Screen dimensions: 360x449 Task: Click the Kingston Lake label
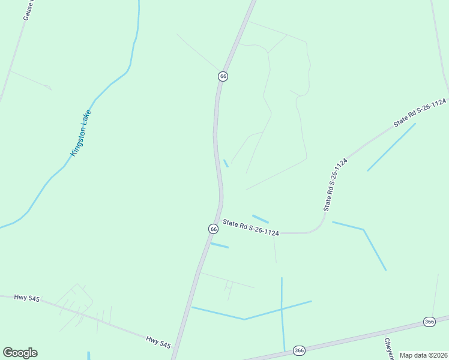pyautogui.click(x=81, y=133)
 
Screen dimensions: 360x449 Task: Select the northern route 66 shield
pyautogui.click(x=223, y=76)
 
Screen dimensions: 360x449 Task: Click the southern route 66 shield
pyautogui.click(x=213, y=229)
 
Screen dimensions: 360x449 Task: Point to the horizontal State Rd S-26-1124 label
pyautogui.click(x=250, y=227)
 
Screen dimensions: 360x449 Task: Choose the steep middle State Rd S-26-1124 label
pyautogui.click(x=336, y=185)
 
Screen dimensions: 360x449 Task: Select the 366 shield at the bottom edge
pyautogui.click(x=300, y=350)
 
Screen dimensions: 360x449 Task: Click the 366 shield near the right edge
pyautogui.click(x=429, y=322)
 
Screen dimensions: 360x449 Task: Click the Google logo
pyautogui.click(x=20, y=353)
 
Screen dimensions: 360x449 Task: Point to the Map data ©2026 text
pyautogui.click(x=424, y=355)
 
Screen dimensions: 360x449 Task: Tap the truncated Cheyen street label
pyautogui.click(x=388, y=348)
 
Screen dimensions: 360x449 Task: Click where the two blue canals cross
pyautogui.click(x=282, y=308)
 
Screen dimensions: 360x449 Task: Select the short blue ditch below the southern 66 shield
pyautogui.click(x=220, y=245)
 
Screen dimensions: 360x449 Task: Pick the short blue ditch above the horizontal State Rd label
pyautogui.click(x=260, y=218)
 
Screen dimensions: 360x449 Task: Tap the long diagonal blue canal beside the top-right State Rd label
pyautogui.click(x=391, y=147)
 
